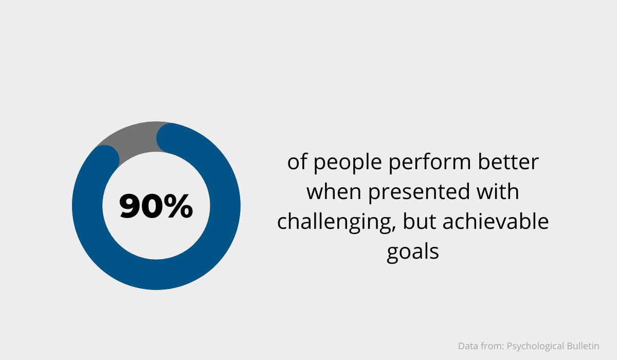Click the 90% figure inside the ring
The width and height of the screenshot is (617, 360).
click(x=156, y=206)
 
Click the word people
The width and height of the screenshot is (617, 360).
click(x=348, y=162)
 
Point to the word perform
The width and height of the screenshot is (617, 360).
click(x=430, y=162)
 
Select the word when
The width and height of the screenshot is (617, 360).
click(x=334, y=192)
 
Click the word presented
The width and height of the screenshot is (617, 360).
click(x=419, y=192)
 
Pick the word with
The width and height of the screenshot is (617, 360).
click(x=498, y=192)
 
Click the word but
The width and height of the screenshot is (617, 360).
click(x=420, y=222)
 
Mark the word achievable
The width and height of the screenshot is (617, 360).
click(x=496, y=222)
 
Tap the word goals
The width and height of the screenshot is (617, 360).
click(x=412, y=253)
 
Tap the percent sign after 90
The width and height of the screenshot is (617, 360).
click(x=178, y=206)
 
